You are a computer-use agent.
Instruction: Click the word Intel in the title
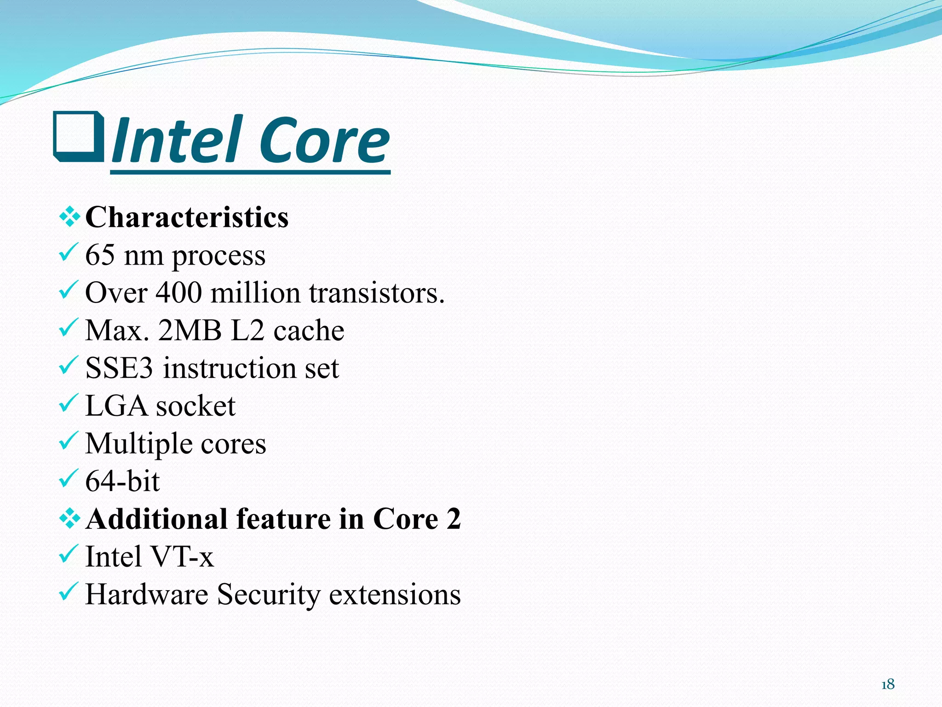coord(177,140)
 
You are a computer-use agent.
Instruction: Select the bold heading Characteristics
coord(187,217)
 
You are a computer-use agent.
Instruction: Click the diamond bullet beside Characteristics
coord(69,217)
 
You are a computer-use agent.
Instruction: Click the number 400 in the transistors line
coord(178,293)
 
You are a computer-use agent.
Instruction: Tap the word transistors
coord(376,293)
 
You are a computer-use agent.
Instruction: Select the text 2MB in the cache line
coord(190,330)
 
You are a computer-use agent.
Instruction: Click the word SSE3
coord(119,368)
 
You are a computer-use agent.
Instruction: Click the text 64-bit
coord(122,481)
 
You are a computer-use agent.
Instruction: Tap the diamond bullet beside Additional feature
coord(69,519)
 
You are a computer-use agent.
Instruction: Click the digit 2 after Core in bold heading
coord(453,519)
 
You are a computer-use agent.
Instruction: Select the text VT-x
coord(182,557)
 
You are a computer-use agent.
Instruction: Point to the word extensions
coord(395,595)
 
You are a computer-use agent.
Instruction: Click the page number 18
coord(888,684)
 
